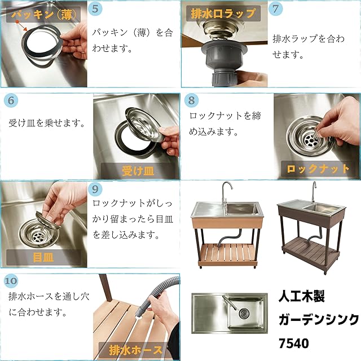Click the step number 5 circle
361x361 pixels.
point(95,9)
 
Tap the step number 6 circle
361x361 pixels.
point(11,100)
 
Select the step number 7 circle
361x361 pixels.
point(275,9)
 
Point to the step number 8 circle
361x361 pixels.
point(192,100)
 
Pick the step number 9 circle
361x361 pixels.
point(95,190)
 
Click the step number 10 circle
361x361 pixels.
point(11,281)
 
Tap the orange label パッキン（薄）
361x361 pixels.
point(44,15)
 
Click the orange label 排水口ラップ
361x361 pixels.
point(223,14)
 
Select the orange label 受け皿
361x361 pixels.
point(138,171)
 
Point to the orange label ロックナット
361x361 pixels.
point(318,169)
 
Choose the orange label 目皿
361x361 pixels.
point(43,257)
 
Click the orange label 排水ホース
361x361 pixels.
point(136,350)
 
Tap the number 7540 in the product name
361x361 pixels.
point(294,344)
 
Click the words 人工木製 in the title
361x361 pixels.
point(301,296)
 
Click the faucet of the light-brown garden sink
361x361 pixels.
point(226,193)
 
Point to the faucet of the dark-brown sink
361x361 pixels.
point(314,192)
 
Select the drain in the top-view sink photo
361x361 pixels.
point(244,313)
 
